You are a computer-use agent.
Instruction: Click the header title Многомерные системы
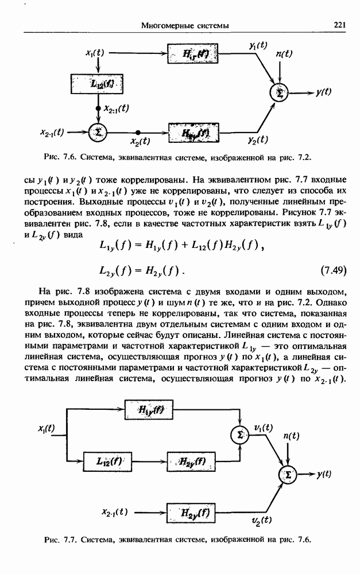(x=185, y=25)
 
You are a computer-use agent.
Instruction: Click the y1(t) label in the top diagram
(x=258, y=45)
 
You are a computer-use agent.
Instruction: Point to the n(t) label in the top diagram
(x=284, y=54)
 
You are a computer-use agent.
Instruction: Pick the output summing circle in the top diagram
(x=280, y=92)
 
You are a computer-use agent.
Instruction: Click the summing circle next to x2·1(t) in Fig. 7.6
(x=98, y=131)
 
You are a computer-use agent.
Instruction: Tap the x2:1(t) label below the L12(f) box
(x=116, y=108)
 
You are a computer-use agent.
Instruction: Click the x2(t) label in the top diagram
(x=140, y=141)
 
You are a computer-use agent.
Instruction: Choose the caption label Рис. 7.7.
(x=60, y=540)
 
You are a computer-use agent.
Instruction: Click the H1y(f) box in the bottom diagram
(x=152, y=409)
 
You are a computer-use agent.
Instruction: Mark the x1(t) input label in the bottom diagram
(x=46, y=428)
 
